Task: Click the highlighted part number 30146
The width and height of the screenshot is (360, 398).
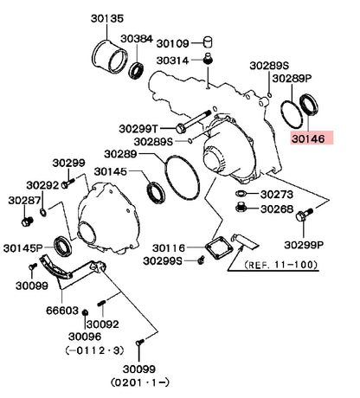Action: [308, 138]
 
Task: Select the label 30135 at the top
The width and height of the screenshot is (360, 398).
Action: [107, 18]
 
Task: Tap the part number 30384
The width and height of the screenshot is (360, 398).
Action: [137, 39]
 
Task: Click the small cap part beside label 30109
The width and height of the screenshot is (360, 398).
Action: [208, 42]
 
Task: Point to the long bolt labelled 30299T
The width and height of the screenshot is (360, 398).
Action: [193, 122]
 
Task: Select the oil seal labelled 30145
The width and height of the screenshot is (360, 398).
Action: [156, 193]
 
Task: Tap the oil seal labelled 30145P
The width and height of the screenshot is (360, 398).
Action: [63, 247]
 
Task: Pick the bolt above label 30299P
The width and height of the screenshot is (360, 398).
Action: [304, 215]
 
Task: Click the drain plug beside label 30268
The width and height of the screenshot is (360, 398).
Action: [241, 208]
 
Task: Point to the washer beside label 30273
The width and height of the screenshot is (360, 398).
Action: [240, 193]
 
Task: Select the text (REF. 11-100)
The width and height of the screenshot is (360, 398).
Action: [281, 265]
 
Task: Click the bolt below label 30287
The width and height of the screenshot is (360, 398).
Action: [28, 221]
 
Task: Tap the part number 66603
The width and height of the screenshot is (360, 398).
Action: [62, 311]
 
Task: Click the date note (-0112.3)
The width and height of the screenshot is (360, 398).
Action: [95, 350]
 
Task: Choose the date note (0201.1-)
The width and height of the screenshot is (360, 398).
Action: [139, 382]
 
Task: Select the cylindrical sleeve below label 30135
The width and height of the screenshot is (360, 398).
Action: [110, 57]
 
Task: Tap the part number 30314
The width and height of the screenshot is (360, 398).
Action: [172, 61]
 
